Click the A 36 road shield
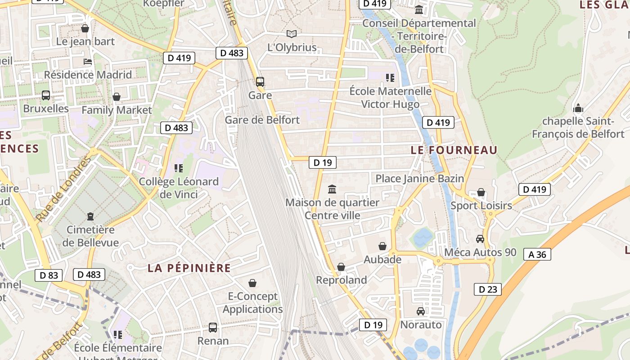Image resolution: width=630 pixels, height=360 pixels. tap(537, 254)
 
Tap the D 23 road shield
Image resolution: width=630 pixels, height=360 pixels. tap(487, 289)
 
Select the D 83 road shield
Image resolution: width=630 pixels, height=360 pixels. tap(49, 275)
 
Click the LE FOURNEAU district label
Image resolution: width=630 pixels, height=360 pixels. tap(454, 150)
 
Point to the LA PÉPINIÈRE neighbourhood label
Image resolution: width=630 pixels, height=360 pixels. tap(189, 268)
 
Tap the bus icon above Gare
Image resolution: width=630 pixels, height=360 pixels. tap(260, 82)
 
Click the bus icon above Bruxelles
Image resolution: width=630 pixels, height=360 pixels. tap(46, 95)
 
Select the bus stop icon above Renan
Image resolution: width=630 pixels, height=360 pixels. tap(213, 327)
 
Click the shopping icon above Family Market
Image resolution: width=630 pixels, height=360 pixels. tap(117, 97)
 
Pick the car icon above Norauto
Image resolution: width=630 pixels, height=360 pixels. tap(421, 311)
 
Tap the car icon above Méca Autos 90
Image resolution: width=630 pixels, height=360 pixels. tap(480, 239)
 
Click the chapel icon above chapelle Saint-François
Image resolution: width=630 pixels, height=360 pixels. tap(578, 108)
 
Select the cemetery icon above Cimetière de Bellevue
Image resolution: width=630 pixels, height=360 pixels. tap(90, 216)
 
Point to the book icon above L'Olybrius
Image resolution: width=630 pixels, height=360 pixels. tap(292, 34)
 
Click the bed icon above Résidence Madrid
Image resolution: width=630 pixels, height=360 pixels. tap(88, 61)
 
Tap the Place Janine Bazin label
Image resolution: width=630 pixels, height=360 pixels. tap(419, 179)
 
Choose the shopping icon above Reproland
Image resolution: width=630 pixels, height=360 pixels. tap(341, 267)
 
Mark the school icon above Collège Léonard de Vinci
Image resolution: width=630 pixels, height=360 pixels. tap(179, 168)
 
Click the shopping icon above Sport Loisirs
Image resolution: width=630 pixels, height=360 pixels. tap(481, 193)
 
